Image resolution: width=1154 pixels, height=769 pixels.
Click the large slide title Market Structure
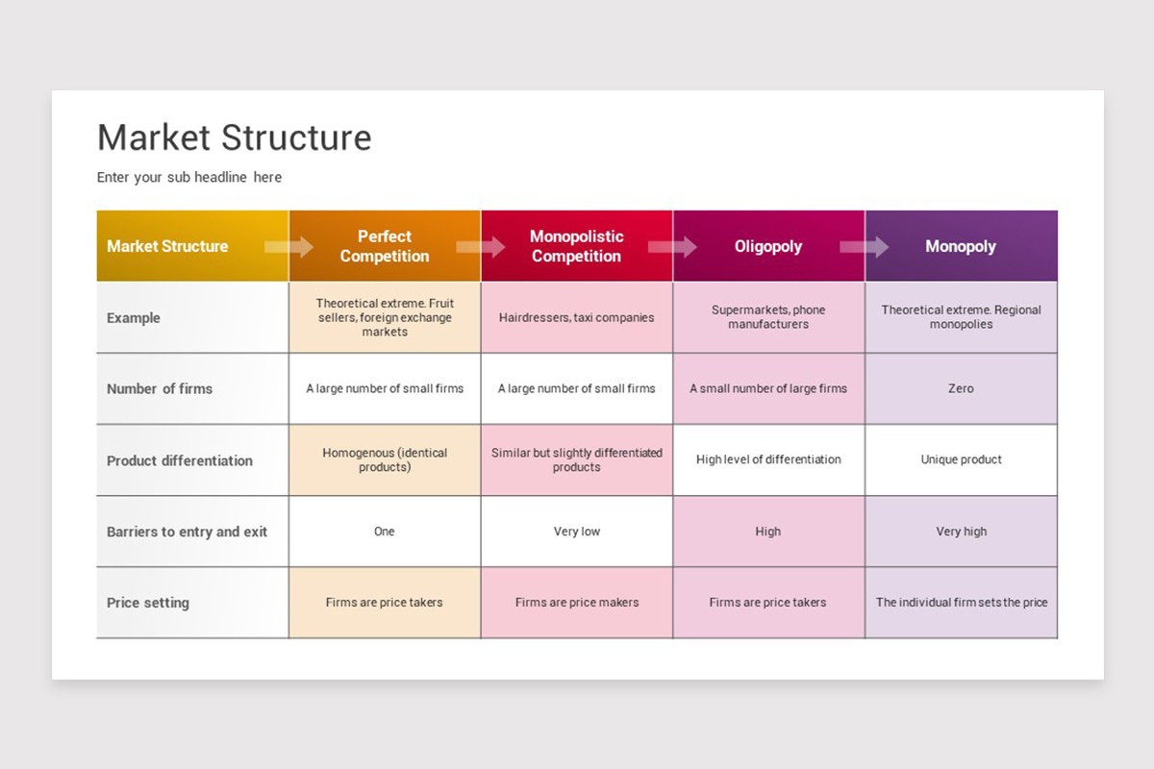pyautogui.click(x=234, y=137)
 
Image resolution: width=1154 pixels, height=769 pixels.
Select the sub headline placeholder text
pyautogui.click(x=189, y=177)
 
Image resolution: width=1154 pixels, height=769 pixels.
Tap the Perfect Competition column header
pyautogui.click(x=385, y=246)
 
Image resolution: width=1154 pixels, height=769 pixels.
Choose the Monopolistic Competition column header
pyautogui.click(x=576, y=246)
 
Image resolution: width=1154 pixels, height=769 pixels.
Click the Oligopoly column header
pyautogui.click(x=767, y=246)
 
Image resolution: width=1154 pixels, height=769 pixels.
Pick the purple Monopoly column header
pyautogui.click(x=960, y=246)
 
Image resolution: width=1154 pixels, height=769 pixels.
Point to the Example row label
pyautogui.click(x=134, y=318)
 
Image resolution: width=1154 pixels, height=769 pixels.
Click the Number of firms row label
pyautogui.click(x=160, y=388)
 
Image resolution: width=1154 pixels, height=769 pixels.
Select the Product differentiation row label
pyautogui.click(x=180, y=460)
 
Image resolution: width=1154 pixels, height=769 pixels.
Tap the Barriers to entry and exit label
pyautogui.click(x=187, y=532)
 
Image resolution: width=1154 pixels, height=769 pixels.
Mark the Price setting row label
pyautogui.click(x=148, y=603)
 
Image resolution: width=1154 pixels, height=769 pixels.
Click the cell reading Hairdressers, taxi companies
pyautogui.click(x=576, y=317)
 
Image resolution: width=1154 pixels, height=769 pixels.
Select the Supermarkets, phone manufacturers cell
pyautogui.click(x=768, y=317)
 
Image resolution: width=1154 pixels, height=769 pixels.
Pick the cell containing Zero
pyautogui.click(x=961, y=388)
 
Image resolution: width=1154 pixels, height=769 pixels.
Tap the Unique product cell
pyautogui.click(x=961, y=459)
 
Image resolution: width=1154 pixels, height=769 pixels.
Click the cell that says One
pyautogui.click(x=385, y=532)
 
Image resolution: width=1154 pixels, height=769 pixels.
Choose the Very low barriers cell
pyautogui.click(x=576, y=532)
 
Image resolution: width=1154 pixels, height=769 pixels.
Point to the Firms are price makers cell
pyautogui.click(x=576, y=603)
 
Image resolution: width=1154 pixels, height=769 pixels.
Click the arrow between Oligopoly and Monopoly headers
pyautogui.click(x=864, y=247)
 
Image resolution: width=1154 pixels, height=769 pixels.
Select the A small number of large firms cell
pyautogui.click(x=768, y=388)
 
